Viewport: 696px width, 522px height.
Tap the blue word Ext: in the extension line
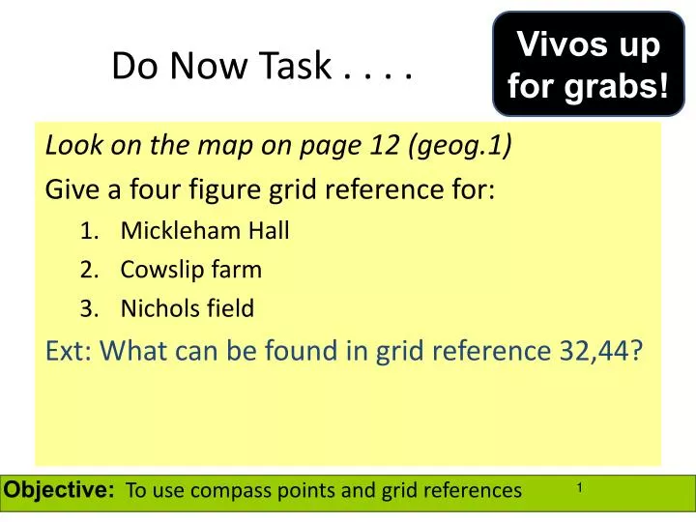click(x=69, y=350)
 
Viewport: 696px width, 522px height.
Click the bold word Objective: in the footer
click(x=60, y=490)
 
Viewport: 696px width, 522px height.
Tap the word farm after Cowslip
click(x=239, y=270)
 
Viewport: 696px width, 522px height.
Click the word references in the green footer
click(x=471, y=491)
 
